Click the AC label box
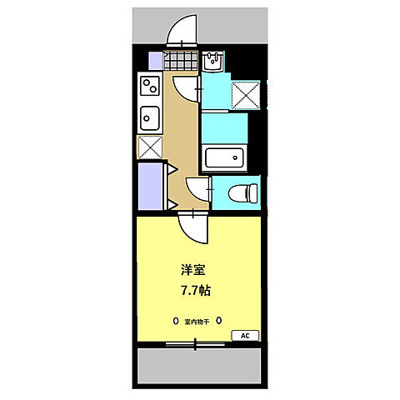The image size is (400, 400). [245, 335]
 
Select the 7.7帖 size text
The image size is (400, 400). [197, 291]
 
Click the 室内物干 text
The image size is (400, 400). [197, 320]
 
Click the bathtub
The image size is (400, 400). [224, 157]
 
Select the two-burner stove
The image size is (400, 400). [150, 86]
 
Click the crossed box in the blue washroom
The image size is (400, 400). [247, 97]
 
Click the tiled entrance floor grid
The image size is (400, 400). [182, 60]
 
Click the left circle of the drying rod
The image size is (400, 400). [175, 320]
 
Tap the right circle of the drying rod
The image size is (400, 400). [219, 320]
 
